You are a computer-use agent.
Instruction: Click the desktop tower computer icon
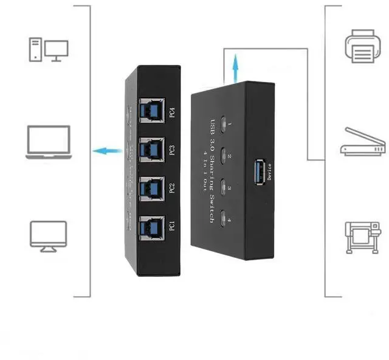click(x=48, y=49)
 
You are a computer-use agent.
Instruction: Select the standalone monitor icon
click(x=48, y=236)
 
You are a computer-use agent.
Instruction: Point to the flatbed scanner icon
click(x=363, y=142)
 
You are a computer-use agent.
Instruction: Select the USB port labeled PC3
click(x=150, y=149)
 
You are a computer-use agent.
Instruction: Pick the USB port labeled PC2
click(x=150, y=188)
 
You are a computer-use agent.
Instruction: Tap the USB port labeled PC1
click(x=150, y=227)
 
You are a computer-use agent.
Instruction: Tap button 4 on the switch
click(x=225, y=215)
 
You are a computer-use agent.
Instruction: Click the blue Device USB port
click(x=259, y=171)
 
